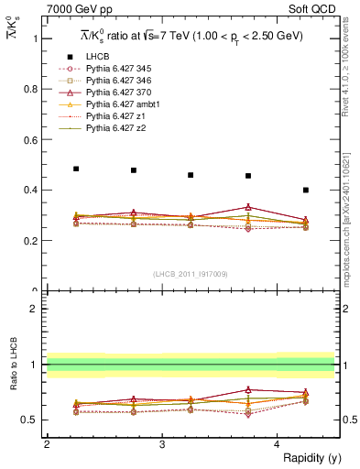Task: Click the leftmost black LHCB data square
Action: tap(76, 169)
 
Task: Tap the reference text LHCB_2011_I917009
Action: tap(191, 274)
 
